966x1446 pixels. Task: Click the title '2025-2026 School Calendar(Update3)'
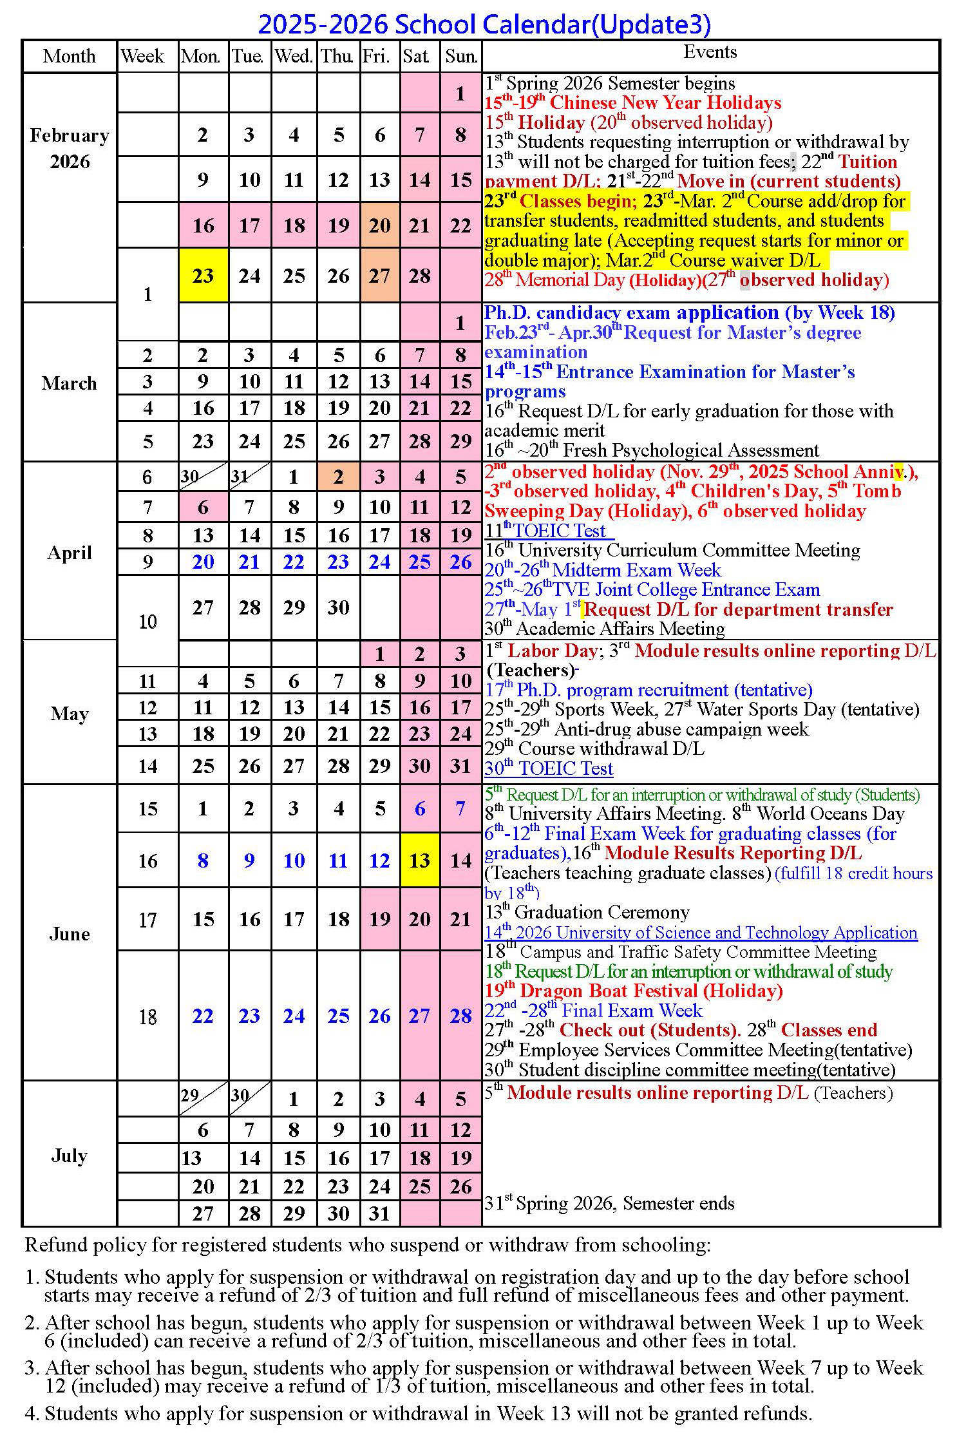coord(484,24)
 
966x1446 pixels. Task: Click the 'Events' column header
coord(710,52)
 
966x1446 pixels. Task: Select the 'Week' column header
coord(142,56)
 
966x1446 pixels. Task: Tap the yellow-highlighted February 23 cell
coord(203,276)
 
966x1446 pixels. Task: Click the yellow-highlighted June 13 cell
coord(419,861)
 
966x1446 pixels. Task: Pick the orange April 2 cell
coord(338,477)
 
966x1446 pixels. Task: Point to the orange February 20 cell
coord(379,225)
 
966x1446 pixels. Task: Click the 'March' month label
coord(69,383)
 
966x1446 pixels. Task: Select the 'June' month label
coord(69,934)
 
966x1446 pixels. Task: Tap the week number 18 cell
coord(147,1017)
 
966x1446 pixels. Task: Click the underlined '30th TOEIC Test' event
coord(549,768)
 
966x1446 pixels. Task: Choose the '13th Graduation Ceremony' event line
coord(587,912)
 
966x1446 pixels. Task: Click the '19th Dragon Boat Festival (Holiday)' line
coord(634,991)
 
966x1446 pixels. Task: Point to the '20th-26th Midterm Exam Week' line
coord(603,570)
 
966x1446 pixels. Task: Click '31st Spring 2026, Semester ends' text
coord(609,1203)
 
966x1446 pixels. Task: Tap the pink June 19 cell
coord(379,919)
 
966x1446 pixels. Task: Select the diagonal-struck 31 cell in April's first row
coord(249,477)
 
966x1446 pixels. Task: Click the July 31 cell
coord(379,1213)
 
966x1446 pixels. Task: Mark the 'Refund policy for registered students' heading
coord(367,1245)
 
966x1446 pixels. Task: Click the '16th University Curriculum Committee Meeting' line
coord(672,550)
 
